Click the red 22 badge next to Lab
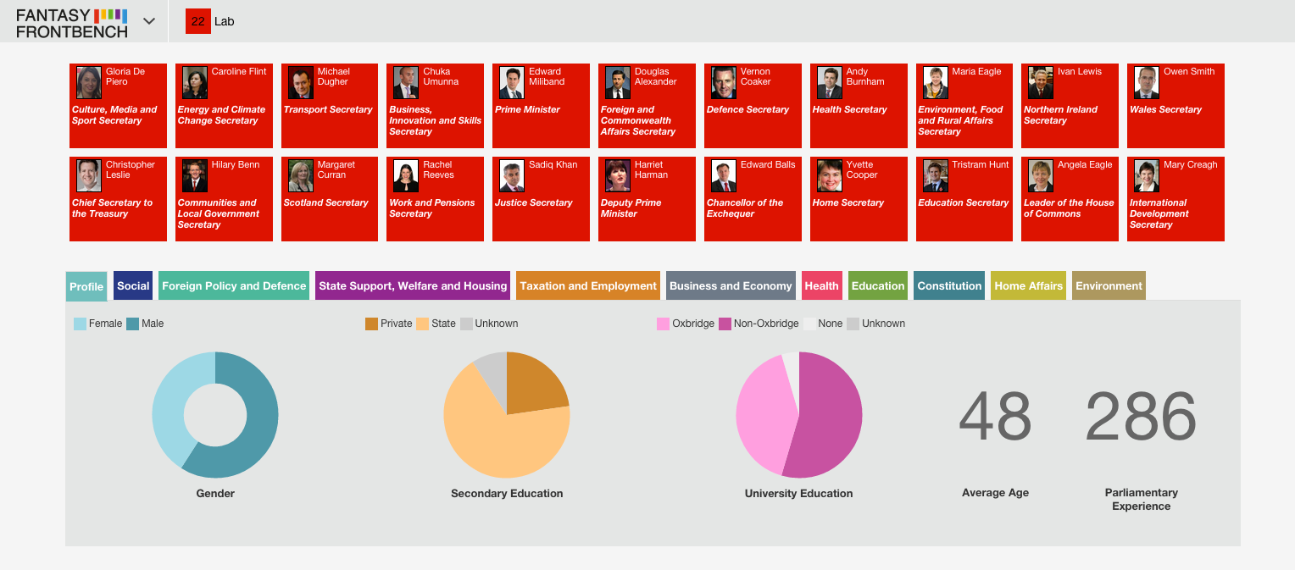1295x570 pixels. tap(197, 21)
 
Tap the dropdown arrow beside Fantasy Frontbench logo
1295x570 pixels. tap(149, 21)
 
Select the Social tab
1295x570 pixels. tap(133, 286)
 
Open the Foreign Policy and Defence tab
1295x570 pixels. tap(234, 286)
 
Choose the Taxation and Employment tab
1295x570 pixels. tap(588, 286)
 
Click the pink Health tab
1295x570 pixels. tap(821, 286)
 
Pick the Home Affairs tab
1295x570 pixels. tap(1028, 286)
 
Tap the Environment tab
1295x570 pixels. tap(1109, 286)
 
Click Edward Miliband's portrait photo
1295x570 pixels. tap(512, 83)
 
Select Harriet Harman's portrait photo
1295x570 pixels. tap(618, 176)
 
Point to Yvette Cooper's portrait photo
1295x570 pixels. tap(830, 176)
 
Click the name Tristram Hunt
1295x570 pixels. tap(981, 164)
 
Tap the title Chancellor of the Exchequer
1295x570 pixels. tap(745, 208)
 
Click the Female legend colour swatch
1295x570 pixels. tap(80, 324)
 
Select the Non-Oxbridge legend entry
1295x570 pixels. tap(759, 324)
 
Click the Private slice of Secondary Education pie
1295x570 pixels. tap(535, 384)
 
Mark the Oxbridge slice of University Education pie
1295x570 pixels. tap(764, 416)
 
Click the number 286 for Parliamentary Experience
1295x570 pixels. tap(1141, 417)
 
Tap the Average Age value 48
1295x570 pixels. tap(995, 417)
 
